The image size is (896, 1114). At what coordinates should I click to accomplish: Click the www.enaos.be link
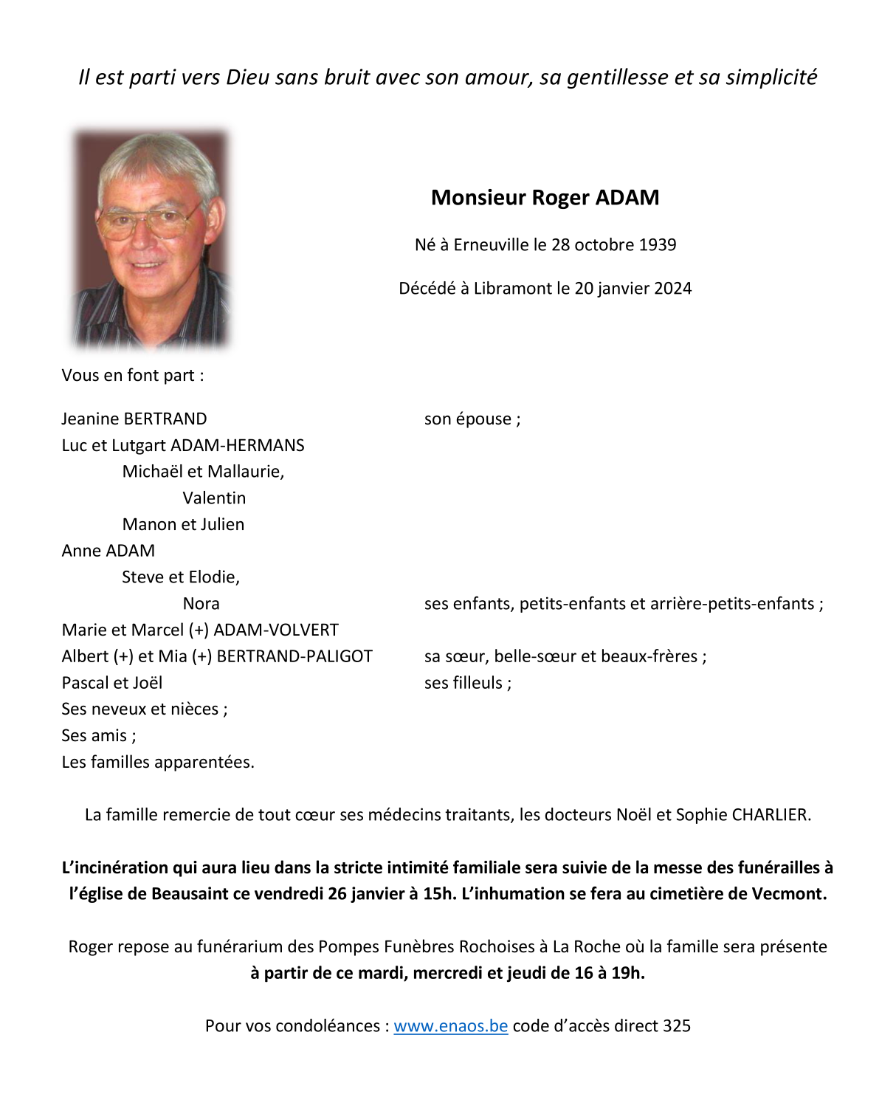[450, 1026]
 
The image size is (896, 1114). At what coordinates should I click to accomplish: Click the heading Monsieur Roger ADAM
[545, 198]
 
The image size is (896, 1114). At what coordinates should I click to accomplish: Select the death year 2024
[672, 289]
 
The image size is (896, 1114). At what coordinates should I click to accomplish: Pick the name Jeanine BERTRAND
[134, 419]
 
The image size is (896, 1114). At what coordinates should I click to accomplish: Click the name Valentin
[214, 498]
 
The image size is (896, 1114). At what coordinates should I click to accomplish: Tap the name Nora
[201, 604]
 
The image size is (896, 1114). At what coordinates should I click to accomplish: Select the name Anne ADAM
[108, 551]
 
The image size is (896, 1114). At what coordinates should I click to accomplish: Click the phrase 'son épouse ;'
[472, 419]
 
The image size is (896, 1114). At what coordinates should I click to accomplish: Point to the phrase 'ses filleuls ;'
[468, 683]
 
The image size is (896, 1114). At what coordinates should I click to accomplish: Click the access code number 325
[677, 1026]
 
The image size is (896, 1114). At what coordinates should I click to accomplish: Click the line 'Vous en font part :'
[133, 376]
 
